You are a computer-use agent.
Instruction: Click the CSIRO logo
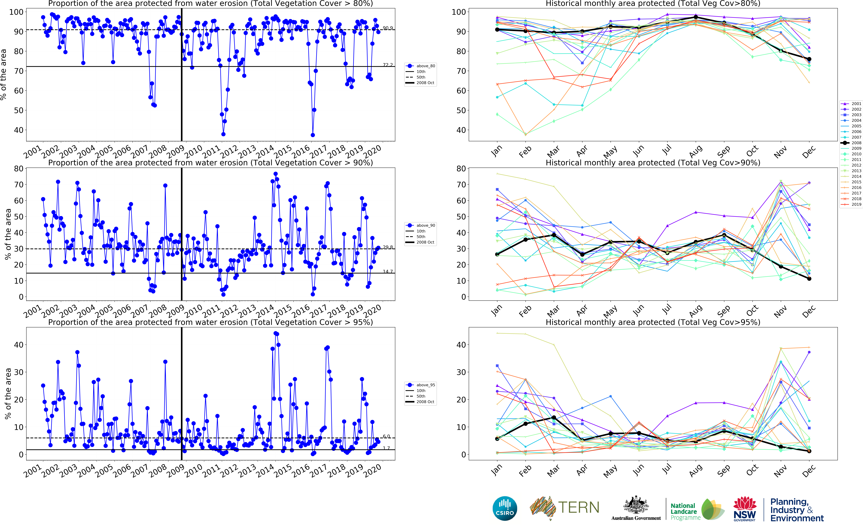(505, 508)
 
